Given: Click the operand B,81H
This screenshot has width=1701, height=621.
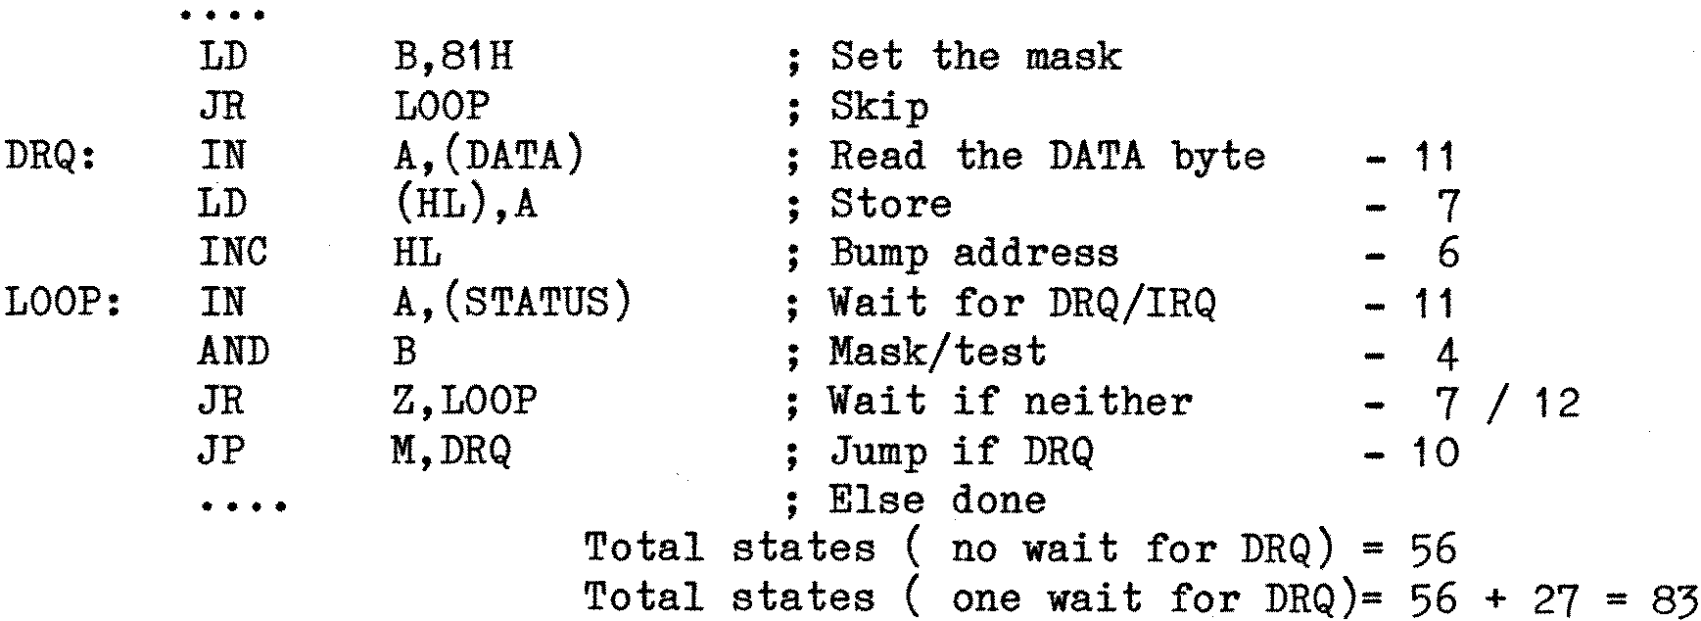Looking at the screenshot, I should click(x=451, y=57).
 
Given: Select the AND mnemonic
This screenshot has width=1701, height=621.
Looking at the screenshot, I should click(x=233, y=352).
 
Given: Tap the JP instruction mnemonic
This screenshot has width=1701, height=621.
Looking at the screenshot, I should click(x=222, y=452).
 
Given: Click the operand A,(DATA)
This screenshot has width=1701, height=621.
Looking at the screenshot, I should click(x=487, y=156).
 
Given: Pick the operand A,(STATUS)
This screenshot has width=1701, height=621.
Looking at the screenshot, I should click(x=510, y=303).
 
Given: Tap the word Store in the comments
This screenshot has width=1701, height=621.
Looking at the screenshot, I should click(x=890, y=205).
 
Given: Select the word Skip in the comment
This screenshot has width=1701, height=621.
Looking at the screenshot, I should click(x=878, y=107).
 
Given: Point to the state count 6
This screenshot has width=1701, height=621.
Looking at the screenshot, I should click(x=1448, y=254).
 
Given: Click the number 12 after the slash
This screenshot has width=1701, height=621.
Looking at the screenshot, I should click(x=1557, y=402).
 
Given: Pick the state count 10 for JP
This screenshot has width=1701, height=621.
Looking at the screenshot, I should click(x=1436, y=452).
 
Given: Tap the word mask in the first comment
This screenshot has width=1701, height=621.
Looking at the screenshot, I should click(x=1072, y=57).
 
